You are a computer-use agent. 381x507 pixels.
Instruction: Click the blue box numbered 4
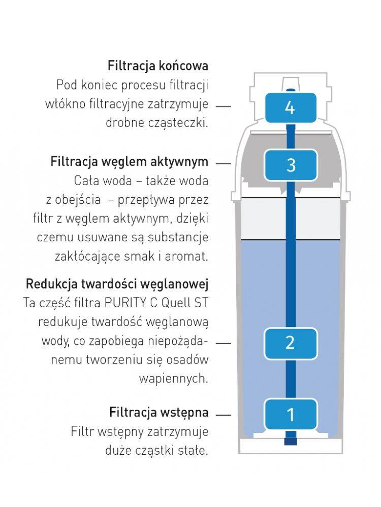click(290, 107)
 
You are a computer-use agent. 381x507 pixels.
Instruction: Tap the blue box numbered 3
click(291, 165)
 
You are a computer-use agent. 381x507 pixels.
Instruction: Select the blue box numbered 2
click(290, 342)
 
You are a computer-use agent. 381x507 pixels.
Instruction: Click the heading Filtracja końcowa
click(158, 66)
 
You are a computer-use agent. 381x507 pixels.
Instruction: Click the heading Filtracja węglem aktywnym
click(130, 162)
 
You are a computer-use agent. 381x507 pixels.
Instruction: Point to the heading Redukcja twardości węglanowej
click(117, 282)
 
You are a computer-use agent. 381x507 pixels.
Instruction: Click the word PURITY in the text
click(128, 303)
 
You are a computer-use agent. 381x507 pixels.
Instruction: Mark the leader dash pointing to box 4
click(223, 107)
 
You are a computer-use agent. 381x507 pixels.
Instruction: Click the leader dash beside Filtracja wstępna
click(223, 415)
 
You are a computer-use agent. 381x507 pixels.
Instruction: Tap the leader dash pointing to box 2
click(223, 343)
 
